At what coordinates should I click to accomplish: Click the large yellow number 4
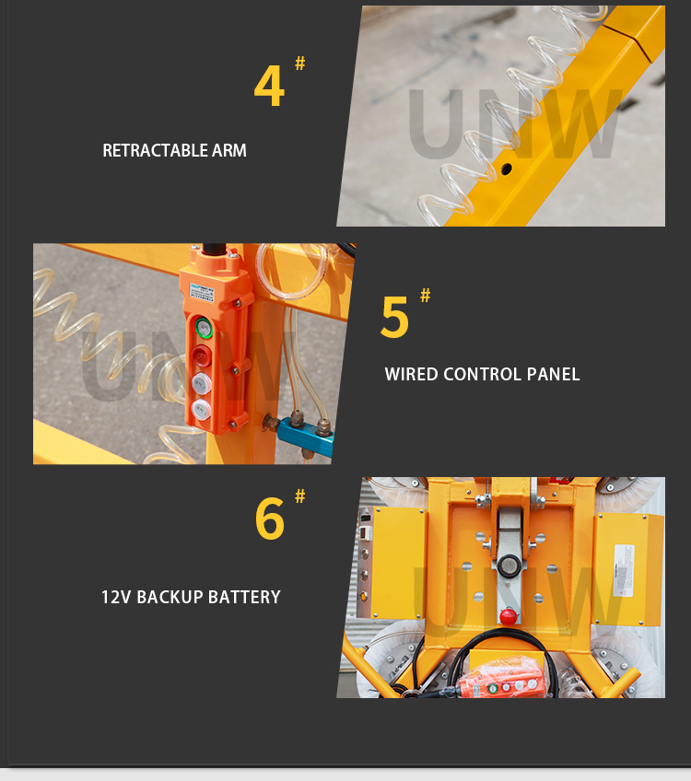[x=268, y=87]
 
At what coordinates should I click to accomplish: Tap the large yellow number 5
[x=394, y=318]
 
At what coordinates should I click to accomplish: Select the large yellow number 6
[x=269, y=519]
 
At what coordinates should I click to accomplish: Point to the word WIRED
[x=411, y=374]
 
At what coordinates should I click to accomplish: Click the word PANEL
[x=553, y=374]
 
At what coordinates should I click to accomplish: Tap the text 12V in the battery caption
[x=116, y=597]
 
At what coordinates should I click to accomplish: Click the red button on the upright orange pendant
[x=202, y=355]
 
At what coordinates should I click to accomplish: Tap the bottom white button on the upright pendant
[x=201, y=408]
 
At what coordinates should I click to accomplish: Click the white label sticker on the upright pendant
[x=201, y=291]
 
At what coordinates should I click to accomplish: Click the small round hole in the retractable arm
[x=506, y=169]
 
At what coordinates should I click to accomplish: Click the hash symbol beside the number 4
[x=299, y=64]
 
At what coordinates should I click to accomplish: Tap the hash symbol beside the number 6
[x=299, y=496]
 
